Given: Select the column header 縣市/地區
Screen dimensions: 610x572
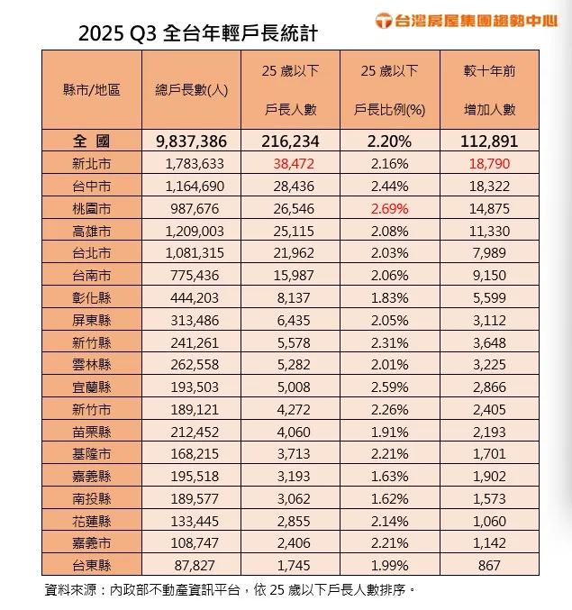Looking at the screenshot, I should [x=92, y=90].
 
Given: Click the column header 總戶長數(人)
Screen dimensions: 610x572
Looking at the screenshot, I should [x=191, y=90].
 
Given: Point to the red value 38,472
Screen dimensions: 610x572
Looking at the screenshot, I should [x=291, y=164].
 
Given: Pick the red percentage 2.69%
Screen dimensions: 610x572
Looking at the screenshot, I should [x=389, y=208].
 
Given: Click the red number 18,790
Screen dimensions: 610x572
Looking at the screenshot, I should [x=489, y=164].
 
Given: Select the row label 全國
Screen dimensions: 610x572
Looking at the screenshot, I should [x=92, y=141].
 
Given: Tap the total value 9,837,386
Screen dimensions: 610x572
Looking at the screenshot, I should [x=191, y=141].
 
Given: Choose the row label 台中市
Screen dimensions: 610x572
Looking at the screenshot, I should [x=92, y=186].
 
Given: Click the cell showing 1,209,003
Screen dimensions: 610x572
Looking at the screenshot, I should [x=191, y=231].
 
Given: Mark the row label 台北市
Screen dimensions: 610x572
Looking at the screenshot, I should [x=92, y=253].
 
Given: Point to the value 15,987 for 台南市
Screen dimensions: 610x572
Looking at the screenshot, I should [x=291, y=275].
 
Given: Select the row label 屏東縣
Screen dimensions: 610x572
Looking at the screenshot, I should [x=92, y=320].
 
